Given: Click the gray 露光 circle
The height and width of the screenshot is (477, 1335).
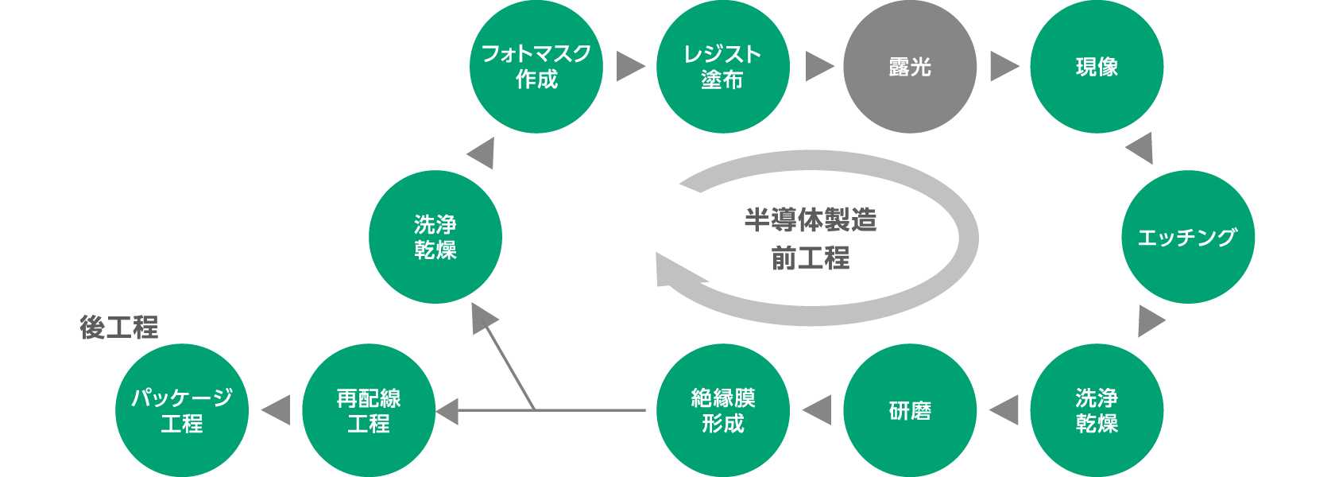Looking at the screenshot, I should (910, 67).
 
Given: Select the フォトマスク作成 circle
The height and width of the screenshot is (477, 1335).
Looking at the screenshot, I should (536, 67).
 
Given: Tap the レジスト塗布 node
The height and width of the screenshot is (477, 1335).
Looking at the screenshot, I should (723, 67).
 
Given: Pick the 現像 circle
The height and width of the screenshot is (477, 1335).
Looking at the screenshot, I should (1097, 67).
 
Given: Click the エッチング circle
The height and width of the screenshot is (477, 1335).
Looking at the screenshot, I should (1188, 237).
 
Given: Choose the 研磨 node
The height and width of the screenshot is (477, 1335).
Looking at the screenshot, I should (910, 410).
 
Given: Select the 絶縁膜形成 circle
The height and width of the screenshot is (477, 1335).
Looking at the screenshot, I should (723, 410).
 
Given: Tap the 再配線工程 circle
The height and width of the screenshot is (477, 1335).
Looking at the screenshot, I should (369, 410).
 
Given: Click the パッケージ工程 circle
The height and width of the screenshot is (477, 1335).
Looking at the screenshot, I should (182, 410).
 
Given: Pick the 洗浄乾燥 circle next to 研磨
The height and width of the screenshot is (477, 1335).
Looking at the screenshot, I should (1097, 410).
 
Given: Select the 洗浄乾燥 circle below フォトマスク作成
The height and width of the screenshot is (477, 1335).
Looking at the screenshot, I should (435, 237).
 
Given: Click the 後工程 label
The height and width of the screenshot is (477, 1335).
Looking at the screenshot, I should (119, 328).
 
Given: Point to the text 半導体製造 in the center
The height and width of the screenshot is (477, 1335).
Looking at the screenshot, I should (811, 219).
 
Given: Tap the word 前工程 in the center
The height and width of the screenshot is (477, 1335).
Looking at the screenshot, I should (811, 258).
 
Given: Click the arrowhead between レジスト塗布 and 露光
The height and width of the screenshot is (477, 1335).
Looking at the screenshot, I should (818, 67).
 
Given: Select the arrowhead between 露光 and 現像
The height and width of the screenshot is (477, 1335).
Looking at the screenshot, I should (1004, 67).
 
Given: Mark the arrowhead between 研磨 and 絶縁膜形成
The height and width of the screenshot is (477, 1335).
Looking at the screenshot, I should (818, 410).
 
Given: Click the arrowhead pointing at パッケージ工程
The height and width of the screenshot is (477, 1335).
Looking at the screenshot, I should (277, 410).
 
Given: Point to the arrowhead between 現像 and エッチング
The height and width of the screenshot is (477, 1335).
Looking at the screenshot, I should (1141, 148).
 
